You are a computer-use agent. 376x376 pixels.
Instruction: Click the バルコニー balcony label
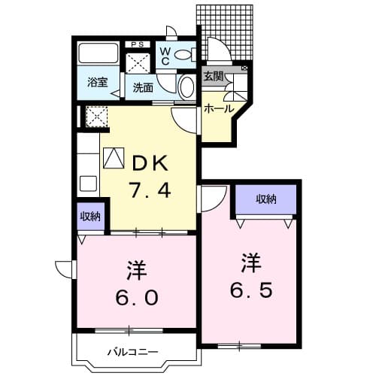coord(132,352)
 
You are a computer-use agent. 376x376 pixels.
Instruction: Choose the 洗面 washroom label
coord(143,87)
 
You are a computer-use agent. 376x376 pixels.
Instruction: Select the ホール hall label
coord(219,109)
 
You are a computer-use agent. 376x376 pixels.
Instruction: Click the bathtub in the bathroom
coord(98,54)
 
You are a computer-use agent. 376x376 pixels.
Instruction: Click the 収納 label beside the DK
coord(90,217)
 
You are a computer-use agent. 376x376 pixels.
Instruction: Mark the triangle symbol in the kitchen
coord(112,159)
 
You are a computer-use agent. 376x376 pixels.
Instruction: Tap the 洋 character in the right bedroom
coord(252,263)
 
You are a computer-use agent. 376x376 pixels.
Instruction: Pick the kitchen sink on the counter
coord(88,183)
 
